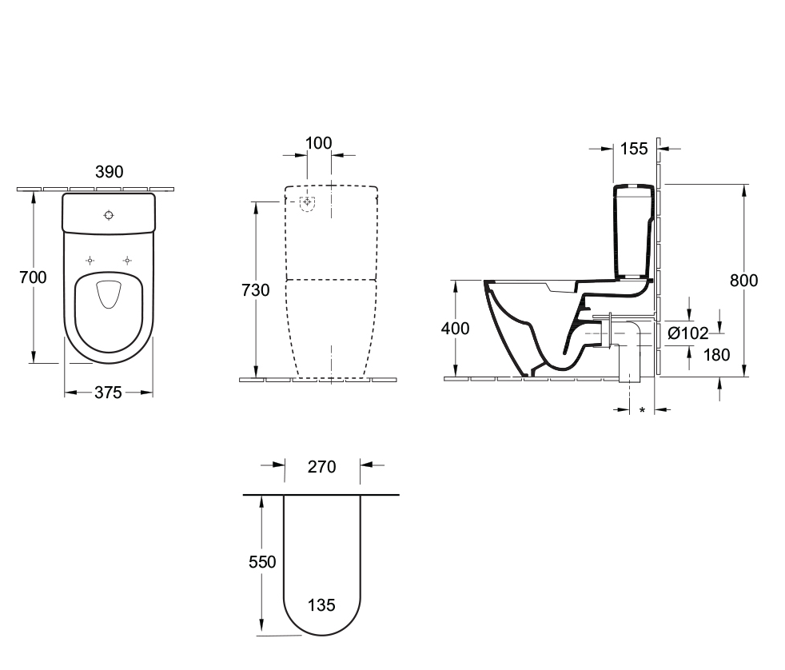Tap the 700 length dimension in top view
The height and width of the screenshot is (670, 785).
33,277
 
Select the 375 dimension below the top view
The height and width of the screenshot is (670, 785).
108,393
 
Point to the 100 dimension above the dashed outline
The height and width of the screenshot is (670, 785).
319,144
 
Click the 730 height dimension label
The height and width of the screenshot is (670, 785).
255,290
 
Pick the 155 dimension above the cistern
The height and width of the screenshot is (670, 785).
633,148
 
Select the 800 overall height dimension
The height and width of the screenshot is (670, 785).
744,280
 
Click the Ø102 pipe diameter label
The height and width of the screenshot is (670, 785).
688,333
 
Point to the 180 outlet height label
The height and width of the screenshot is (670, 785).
715,355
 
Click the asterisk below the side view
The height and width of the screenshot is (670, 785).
641,411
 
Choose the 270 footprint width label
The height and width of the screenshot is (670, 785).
322,466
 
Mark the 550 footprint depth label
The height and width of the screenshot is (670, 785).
261,562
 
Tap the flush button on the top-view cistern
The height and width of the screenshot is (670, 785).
109,214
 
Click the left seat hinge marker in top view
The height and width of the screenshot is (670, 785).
90,261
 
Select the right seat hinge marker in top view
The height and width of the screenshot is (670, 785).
126,261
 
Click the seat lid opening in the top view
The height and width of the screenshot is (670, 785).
108,295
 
